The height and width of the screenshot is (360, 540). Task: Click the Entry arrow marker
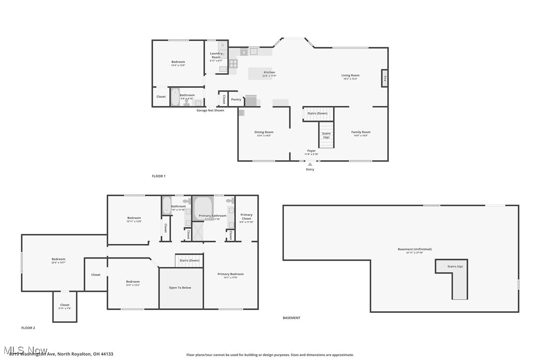click(x=310, y=164)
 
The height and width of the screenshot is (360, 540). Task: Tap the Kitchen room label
click(x=269, y=73)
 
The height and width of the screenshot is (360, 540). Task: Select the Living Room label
click(x=350, y=76)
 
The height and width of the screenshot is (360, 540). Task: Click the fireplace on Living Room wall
click(x=384, y=78)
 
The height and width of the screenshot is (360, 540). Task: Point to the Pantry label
click(x=236, y=99)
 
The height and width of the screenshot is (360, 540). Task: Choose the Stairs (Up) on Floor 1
click(x=326, y=135)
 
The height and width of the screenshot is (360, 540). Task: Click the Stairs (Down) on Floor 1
click(x=317, y=113)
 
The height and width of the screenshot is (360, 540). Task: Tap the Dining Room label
click(x=265, y=132)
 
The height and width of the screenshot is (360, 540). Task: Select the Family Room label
click(x=360, y=132)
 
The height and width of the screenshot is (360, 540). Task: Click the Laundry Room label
click(x=216, y=55)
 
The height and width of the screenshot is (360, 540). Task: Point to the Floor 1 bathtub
click(x=175, y=97)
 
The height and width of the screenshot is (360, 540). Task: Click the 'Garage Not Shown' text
click(x=210, y=110)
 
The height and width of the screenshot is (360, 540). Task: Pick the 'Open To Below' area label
click(x=180, y=287)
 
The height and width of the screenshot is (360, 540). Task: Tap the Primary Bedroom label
click(x=231, y=274)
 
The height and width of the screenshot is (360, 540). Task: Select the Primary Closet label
click(x=247, y=217)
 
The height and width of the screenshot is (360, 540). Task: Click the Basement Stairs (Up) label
click(x=455, y=267)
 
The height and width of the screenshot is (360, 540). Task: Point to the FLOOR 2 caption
click(x=28, y=328)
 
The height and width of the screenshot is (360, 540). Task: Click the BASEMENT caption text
click(x=291, y=318)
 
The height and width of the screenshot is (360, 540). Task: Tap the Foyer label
click(x=311, y=151)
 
